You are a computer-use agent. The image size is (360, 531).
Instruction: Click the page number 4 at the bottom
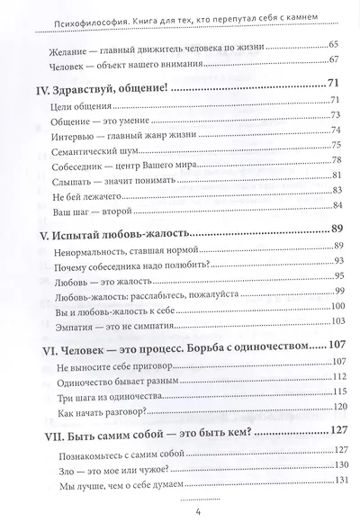point(183,516)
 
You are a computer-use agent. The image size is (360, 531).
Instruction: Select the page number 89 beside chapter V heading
point(320,228)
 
